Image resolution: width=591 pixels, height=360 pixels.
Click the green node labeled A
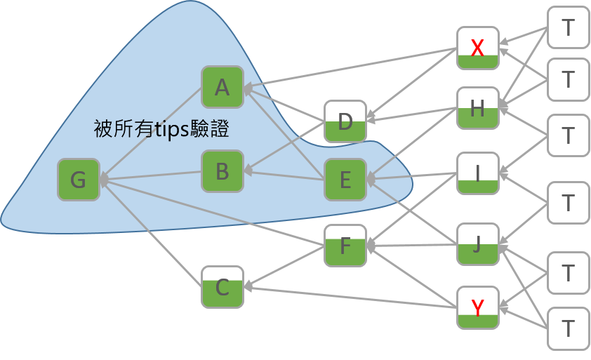222,87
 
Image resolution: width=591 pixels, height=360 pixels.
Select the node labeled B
222,171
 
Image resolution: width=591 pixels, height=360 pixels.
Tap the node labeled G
79,180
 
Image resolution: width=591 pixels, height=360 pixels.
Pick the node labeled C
222,287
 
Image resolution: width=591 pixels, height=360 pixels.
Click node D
345,121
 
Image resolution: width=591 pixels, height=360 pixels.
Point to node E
345,180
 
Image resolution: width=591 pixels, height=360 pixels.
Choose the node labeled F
345,246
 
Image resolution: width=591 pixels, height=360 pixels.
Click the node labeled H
477,108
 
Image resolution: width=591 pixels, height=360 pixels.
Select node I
477,173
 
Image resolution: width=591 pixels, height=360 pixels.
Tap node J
477,244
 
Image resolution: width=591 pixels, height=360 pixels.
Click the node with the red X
477,48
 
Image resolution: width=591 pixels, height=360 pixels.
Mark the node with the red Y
477,307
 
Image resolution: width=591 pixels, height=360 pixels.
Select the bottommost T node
569,328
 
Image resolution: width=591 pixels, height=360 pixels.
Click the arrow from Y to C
351,297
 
